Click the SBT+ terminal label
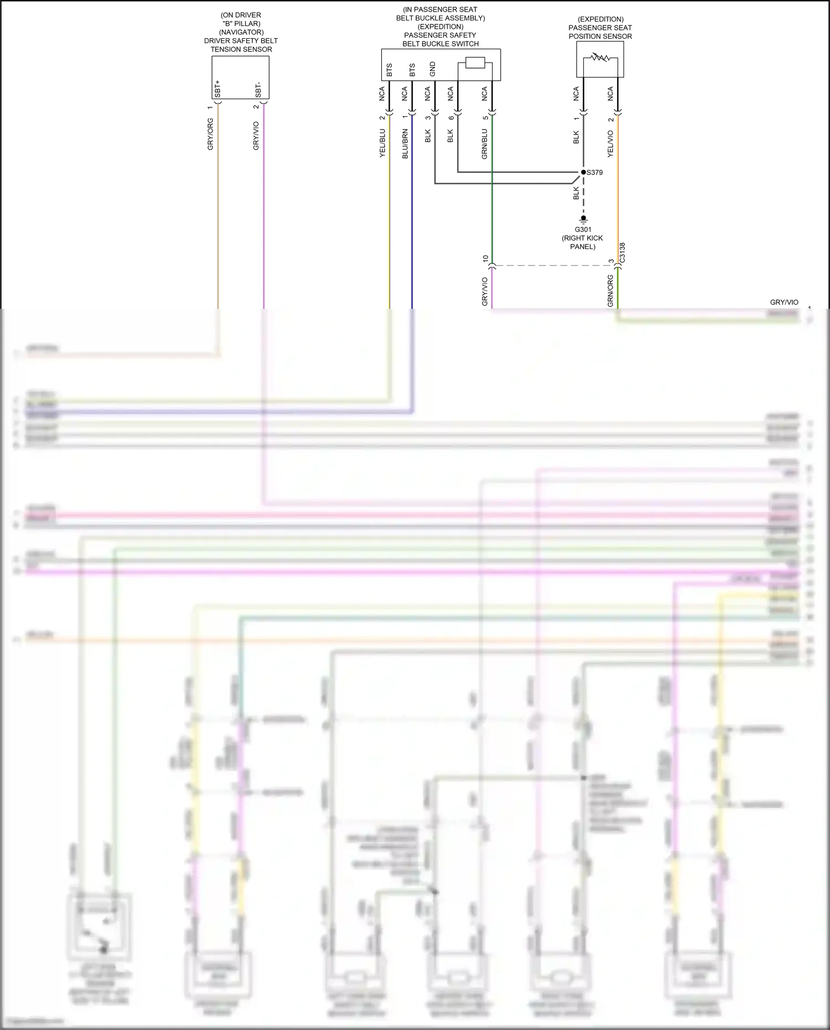pos(217,89)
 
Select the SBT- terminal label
pos(258,90)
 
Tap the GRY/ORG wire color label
pos(210,134)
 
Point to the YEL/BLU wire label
pos(382,143)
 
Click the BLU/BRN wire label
pos(405,144)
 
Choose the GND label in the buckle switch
pos(432,69)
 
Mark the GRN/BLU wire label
pos(485,144)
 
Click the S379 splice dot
pos(583,172)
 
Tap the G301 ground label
pos(583,229)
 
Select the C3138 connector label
pos(622,252)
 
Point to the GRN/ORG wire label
pos(610,291)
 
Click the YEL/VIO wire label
pos(610,143)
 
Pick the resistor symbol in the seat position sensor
pos(600,56)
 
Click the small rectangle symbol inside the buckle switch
pos(475,63)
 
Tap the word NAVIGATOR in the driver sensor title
pos(241,32)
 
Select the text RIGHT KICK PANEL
pos(583,242)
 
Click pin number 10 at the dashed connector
pos(485,258)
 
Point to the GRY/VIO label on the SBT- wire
pos(256,136)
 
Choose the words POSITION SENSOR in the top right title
pos(600,36)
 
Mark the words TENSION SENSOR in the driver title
pos(241,49)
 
